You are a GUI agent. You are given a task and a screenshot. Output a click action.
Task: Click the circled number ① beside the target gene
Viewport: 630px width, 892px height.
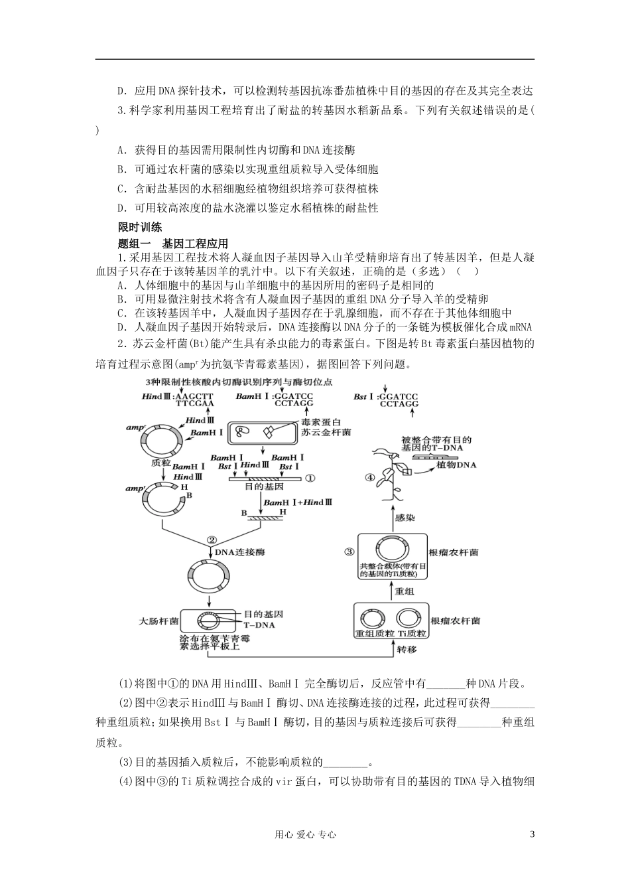click(310, 477)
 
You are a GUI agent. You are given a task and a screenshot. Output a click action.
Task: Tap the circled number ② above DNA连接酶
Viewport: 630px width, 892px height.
click(212, 540)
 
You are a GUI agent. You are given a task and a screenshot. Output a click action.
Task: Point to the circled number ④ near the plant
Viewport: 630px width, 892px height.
click(371, 477)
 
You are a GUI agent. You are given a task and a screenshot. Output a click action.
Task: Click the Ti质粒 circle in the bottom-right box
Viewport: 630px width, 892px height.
click(410, 617)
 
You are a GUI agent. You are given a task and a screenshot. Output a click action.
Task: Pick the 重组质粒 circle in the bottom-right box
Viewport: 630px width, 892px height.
click(374, 617)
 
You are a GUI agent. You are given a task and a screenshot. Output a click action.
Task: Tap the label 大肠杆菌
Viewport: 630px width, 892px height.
click(158, 622)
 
